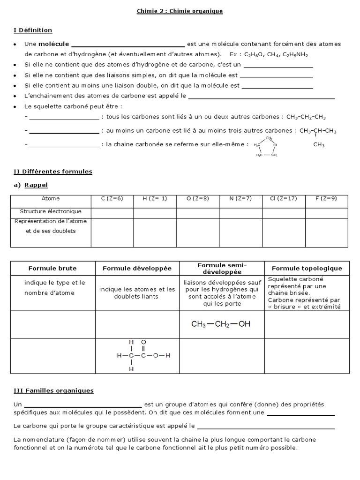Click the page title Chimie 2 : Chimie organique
click(x=180, y=11)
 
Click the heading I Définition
click(x=33, y=30)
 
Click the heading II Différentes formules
click(x=53, y=172)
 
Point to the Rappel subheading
click(x=36, y=185)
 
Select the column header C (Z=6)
click(x=112, y=199)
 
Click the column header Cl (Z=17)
click(x=283, y=199)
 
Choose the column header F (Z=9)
click(x=326, y=199)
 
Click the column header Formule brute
click(x=52, y=269)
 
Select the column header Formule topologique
click(x=307, y=269)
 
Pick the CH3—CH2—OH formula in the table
click(x=221, y=324)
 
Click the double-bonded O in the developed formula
click(x=144, y=342)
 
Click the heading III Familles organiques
click(x=54, y=390)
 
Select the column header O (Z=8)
click(x=197, y=199)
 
